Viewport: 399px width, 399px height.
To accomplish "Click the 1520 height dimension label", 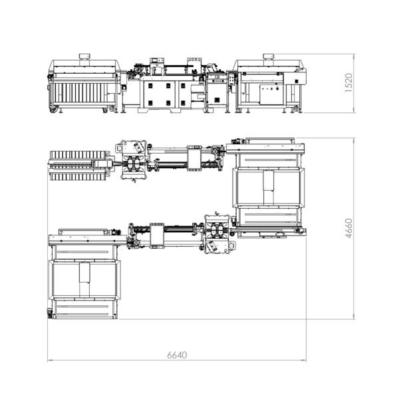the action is coord(348,83).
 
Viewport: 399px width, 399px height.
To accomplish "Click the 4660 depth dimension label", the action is coord(348,229).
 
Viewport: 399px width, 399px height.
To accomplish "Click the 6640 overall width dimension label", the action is coord(177,355).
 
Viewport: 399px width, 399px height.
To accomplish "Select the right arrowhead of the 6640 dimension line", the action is coord(304,360).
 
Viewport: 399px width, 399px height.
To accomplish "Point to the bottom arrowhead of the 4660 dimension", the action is coord(354,317).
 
